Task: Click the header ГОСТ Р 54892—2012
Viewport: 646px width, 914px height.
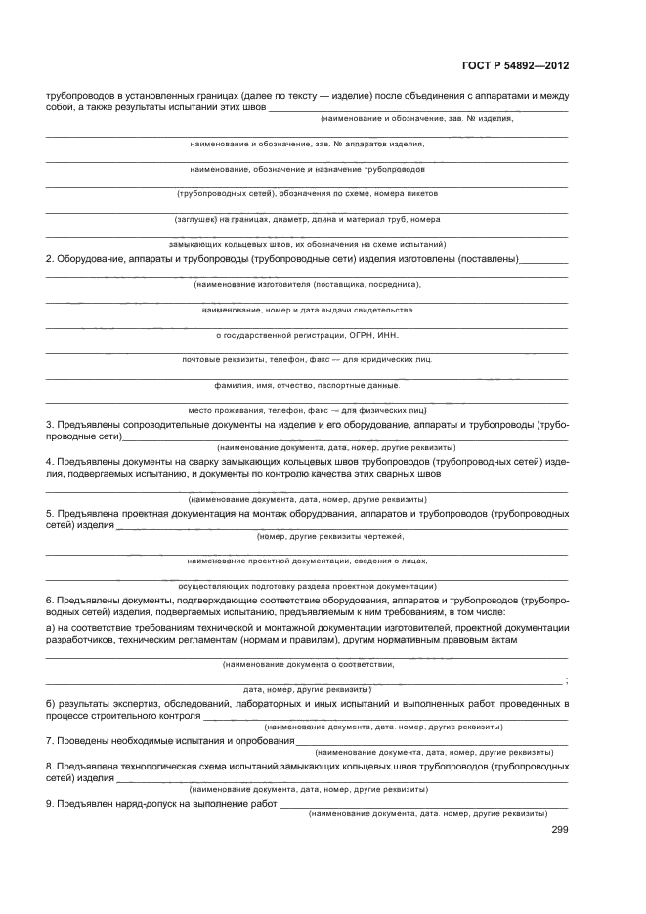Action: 514,66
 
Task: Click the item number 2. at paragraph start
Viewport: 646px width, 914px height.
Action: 51,259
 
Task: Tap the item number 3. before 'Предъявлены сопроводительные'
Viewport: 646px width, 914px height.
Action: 51,424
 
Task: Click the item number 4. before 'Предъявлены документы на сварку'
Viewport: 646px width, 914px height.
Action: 51,461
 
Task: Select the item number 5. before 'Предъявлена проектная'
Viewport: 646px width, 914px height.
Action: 51,512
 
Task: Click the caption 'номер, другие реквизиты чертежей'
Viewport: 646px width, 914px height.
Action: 329,536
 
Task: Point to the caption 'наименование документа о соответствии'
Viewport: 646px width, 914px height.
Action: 308,664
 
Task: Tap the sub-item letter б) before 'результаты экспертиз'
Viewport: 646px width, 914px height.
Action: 51,703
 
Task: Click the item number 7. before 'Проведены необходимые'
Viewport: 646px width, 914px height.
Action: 51,741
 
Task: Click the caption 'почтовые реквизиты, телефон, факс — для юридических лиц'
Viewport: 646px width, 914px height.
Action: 307,360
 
